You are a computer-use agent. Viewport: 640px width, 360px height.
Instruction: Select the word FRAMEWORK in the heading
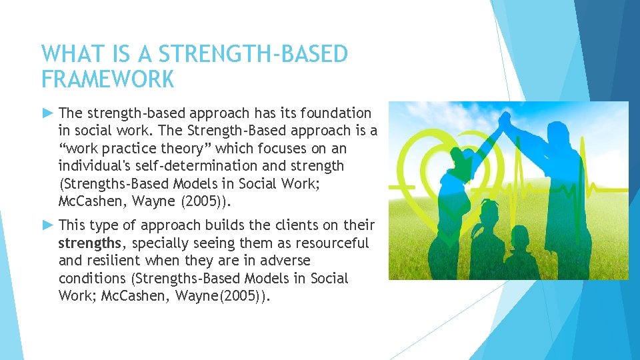point(107,79)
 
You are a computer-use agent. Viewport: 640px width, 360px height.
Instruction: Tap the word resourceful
point(329,243)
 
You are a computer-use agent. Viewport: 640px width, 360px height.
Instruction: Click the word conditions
point(89,278)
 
